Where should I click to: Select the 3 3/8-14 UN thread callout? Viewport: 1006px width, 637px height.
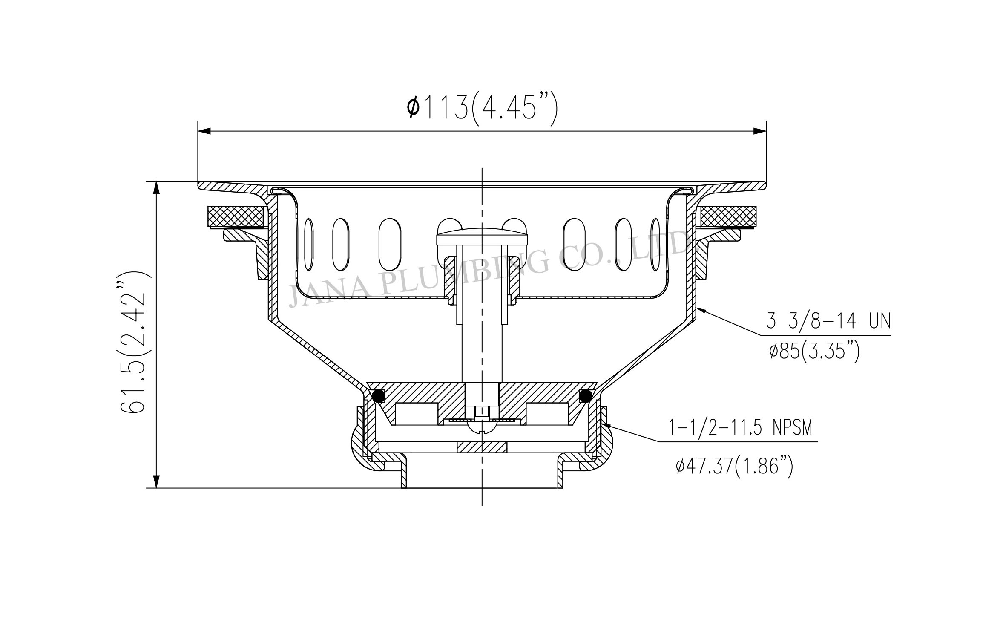pos(828,322)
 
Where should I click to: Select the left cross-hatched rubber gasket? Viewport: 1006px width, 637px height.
pos(235,216)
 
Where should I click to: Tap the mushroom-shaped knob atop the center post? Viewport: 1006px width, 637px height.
pos(482,236)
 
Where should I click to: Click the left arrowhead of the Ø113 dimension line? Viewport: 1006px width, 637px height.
pos(204,131)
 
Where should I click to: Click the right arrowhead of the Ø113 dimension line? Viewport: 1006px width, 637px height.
pos(759,131)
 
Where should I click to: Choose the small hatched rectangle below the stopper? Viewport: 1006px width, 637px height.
pos(482,447)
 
